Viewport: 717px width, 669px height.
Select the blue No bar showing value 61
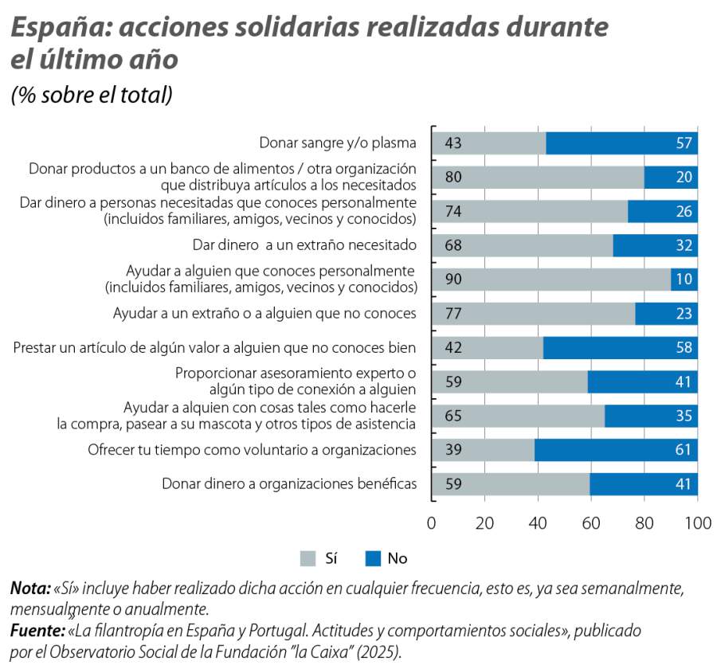(617, 450)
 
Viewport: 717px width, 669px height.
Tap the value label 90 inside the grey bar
(453, 280)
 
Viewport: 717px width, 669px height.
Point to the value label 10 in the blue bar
(684, 280)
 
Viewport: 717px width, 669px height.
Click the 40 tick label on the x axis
(538, 523)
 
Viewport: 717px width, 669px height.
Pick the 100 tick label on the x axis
(698, 523)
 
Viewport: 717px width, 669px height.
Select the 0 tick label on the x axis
(432, 523)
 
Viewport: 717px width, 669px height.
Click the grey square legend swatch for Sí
(308, 559)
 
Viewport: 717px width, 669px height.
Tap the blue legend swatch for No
(372, 559)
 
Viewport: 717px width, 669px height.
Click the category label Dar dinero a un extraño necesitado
(305, 245)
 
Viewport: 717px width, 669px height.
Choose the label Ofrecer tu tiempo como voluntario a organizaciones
(252, 450)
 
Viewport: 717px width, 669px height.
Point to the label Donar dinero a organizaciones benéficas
(289, 483)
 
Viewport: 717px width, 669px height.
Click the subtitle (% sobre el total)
(91, 95)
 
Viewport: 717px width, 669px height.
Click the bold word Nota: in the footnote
(29, 590)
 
